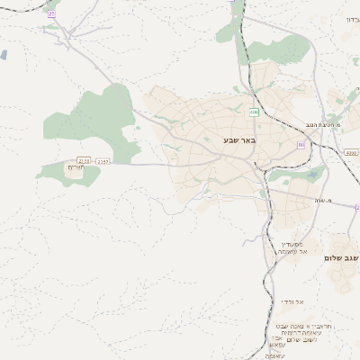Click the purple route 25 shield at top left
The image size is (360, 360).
(x=51, y=14)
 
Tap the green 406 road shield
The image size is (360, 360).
(x=255, y=112)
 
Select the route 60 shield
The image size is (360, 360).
(x=301, y=145)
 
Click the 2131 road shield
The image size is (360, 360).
(x=84, y=161)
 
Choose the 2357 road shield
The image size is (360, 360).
(x=103, y=161)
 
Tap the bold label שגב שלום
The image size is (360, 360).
(x=342, y=258)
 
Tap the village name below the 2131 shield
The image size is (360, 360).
(x=76, y=168)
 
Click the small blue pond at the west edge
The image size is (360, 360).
(x=4, y=55)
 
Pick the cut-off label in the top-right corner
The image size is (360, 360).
(x=352, y=19)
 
